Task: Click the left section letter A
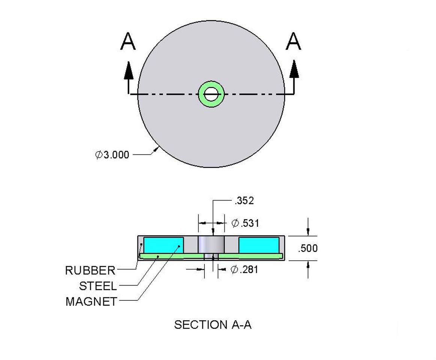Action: point(128,42)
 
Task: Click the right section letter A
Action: point(293,42)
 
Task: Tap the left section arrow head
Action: point(129,70)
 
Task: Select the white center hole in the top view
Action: point(211,94)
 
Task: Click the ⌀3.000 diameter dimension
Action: point(112,154)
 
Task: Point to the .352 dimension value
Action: point(244,201)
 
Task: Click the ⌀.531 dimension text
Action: point(245,223)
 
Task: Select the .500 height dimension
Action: point(307,248)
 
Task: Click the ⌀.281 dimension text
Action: point(244,269)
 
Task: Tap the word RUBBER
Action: point(90,270)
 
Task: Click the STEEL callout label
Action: point(98,286)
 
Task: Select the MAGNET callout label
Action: point(91,301)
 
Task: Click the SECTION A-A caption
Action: point(213,325)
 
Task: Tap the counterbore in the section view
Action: point(211,244)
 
